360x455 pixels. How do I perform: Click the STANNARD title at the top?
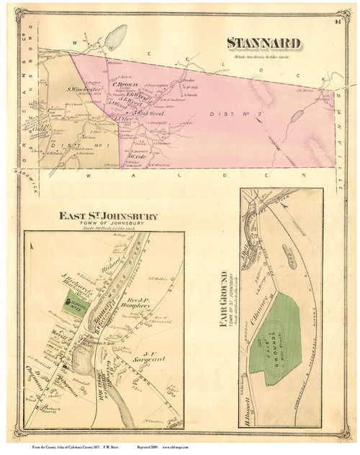pos(268,42)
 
